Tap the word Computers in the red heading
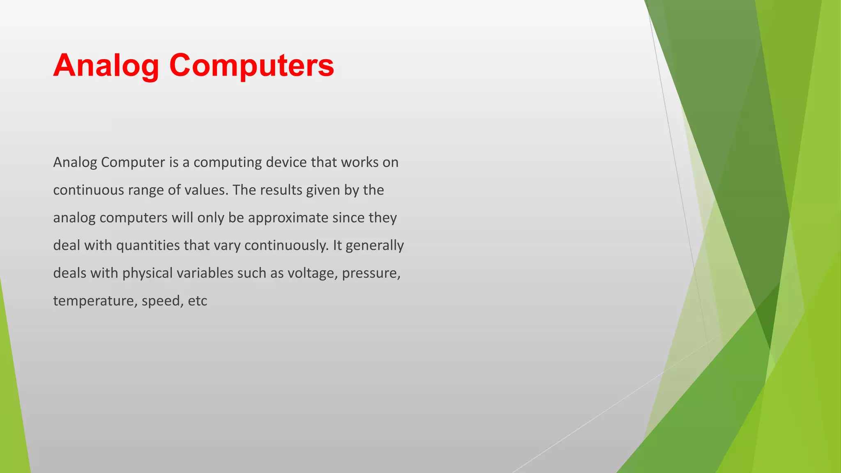(x=251, y=66)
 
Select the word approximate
(x=288, y=218)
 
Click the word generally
(x=375, y=246)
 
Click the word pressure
(x=371, y=273)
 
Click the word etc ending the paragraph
(x=198, y=301)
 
